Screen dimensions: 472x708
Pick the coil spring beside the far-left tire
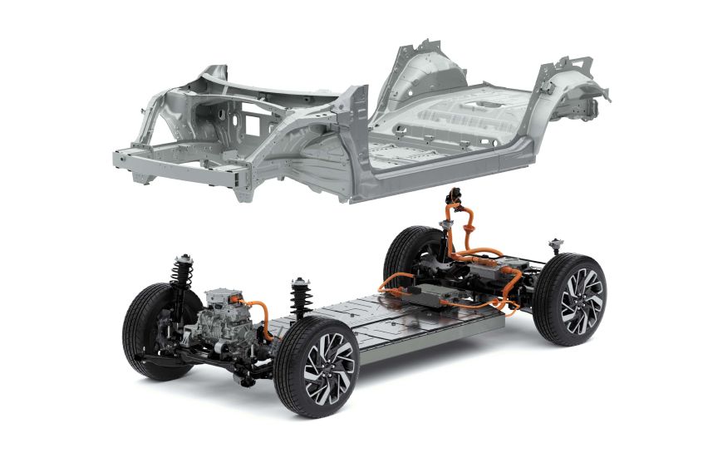coord(180,275)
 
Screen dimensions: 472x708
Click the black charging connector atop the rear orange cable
coord(455,198)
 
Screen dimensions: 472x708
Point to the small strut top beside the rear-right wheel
coord(554,246)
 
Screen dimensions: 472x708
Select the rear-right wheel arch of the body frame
coord(573,91)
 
